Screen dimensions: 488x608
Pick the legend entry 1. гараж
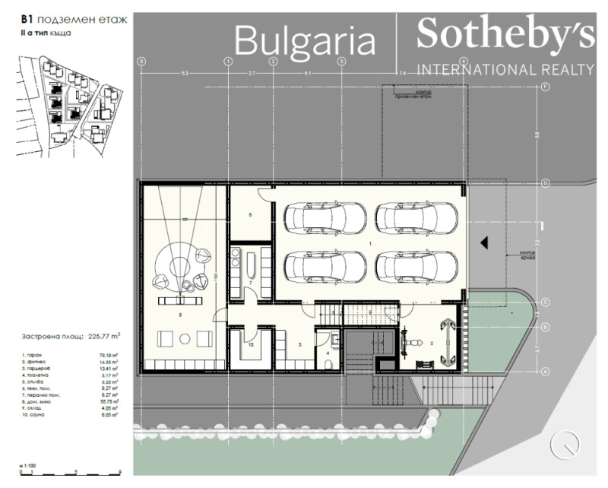pos(30,356)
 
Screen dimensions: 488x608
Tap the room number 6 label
pos(250,215)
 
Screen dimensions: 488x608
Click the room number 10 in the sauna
pos(252,344)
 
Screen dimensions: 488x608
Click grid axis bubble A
pos(546,372)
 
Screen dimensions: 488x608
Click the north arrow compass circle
pos(565,443)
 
